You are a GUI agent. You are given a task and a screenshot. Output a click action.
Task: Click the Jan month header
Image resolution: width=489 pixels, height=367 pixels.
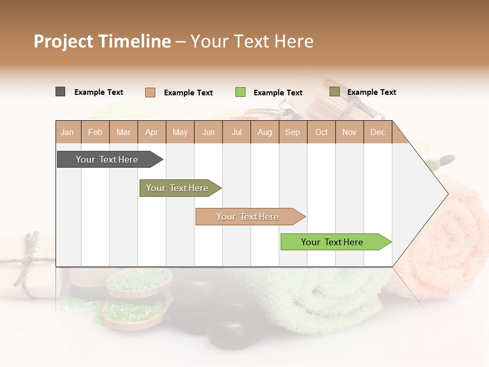(67, 132)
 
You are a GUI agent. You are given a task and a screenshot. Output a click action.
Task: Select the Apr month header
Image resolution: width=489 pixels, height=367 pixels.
(152, 132)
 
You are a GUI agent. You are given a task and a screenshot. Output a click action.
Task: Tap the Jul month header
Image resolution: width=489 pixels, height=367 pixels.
(236, 132)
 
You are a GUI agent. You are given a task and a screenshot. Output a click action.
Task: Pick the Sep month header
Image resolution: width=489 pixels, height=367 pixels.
(292, 132)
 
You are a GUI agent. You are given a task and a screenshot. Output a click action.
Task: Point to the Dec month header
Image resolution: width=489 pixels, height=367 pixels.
(377, 132)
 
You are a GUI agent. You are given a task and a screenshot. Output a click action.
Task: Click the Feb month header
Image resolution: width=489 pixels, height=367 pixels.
(95, 132)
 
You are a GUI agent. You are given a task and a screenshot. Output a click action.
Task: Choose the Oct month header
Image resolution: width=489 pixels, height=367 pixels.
(321, 132)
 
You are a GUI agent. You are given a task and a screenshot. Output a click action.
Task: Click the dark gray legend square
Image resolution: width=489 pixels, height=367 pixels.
(61, 92)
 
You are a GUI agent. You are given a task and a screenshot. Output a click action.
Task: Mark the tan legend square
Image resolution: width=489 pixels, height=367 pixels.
(150, 92)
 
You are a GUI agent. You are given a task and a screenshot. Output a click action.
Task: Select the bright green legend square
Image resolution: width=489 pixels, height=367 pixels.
(240, 92)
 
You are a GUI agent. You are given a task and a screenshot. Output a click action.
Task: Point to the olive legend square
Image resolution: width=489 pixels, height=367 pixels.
(335, 92)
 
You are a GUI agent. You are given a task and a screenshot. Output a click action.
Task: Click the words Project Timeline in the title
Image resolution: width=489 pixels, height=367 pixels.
(102, 41)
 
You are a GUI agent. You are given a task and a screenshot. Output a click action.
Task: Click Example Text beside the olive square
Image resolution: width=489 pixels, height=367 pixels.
(371, 92)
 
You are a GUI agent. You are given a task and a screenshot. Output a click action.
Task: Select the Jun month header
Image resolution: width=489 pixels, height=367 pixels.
(208, 132)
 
